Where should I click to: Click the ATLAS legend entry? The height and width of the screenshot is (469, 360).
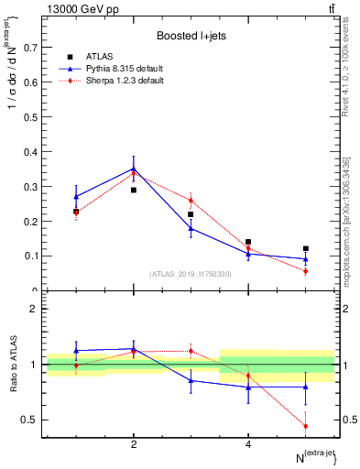tap(97, 58)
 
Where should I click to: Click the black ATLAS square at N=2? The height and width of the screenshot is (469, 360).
tap(134, 190)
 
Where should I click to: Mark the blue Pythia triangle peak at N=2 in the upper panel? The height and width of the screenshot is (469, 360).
tap(134, 168)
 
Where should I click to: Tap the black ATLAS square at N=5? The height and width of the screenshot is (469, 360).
tap(306, 248)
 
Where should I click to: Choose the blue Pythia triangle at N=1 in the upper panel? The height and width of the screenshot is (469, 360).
tap(76, 197)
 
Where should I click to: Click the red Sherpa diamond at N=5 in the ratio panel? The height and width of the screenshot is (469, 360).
tap(306, 426)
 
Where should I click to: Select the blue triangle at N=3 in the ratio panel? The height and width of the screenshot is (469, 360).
tap(191, 380)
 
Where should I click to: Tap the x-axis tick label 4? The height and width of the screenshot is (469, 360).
tap(248, 444)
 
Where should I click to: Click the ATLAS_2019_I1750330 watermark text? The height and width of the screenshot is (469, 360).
tap(191, 274)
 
